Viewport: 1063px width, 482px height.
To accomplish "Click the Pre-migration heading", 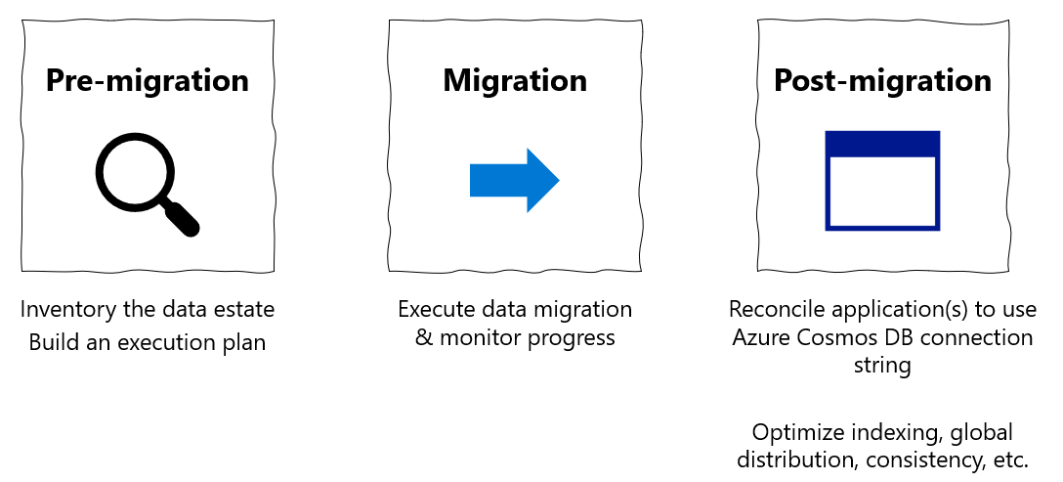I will pos(148,80).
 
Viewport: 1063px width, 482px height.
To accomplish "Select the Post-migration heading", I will pos(882,80).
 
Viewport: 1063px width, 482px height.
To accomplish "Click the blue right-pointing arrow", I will pos(514,181).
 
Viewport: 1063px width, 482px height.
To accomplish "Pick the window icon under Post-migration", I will pos(882,181).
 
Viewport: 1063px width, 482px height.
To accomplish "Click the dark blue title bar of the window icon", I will pos(882,144).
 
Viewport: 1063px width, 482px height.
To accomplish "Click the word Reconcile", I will pos(777,310).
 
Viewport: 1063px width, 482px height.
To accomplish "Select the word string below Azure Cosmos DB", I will pos(882,366).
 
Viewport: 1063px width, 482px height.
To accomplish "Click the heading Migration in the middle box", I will pos(515,80).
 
